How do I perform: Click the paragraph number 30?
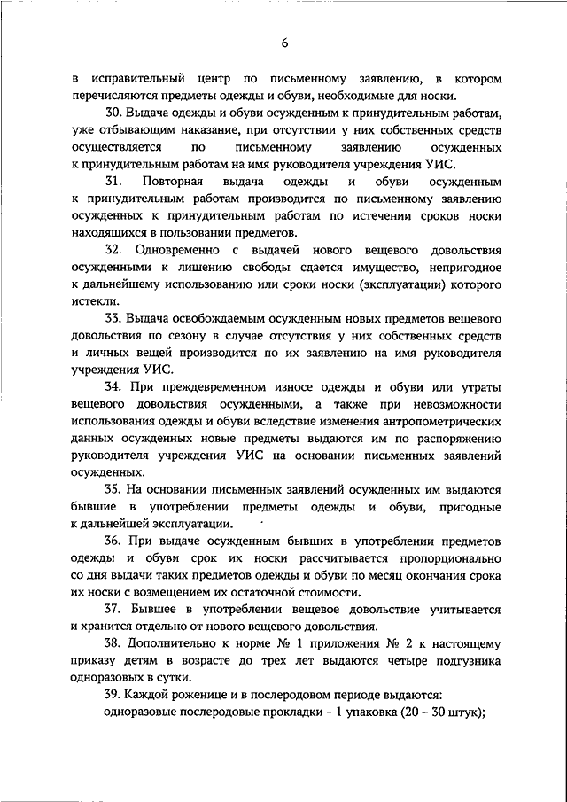[113, 114]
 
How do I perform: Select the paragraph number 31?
[113, 182]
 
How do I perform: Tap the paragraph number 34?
[113, 387]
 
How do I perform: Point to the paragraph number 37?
[113, 610]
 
